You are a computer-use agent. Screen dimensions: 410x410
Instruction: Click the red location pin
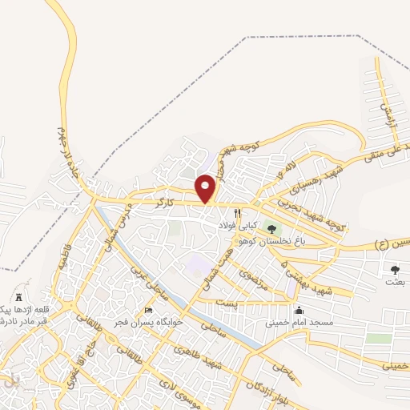coord(206,187)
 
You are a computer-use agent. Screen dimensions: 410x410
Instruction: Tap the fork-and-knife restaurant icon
coord(238,214)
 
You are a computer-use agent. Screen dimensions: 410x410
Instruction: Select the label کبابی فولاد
coord(237,227)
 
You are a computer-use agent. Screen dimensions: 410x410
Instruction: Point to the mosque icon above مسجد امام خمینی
coord(299,311)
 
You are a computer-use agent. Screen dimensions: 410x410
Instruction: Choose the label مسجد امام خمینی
coord(298,324)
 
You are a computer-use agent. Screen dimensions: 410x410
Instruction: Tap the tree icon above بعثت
coord(395,269)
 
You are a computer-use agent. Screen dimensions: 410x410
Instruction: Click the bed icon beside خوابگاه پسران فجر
coord(147,311)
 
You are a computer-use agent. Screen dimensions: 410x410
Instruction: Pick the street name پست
coord(227,304)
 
